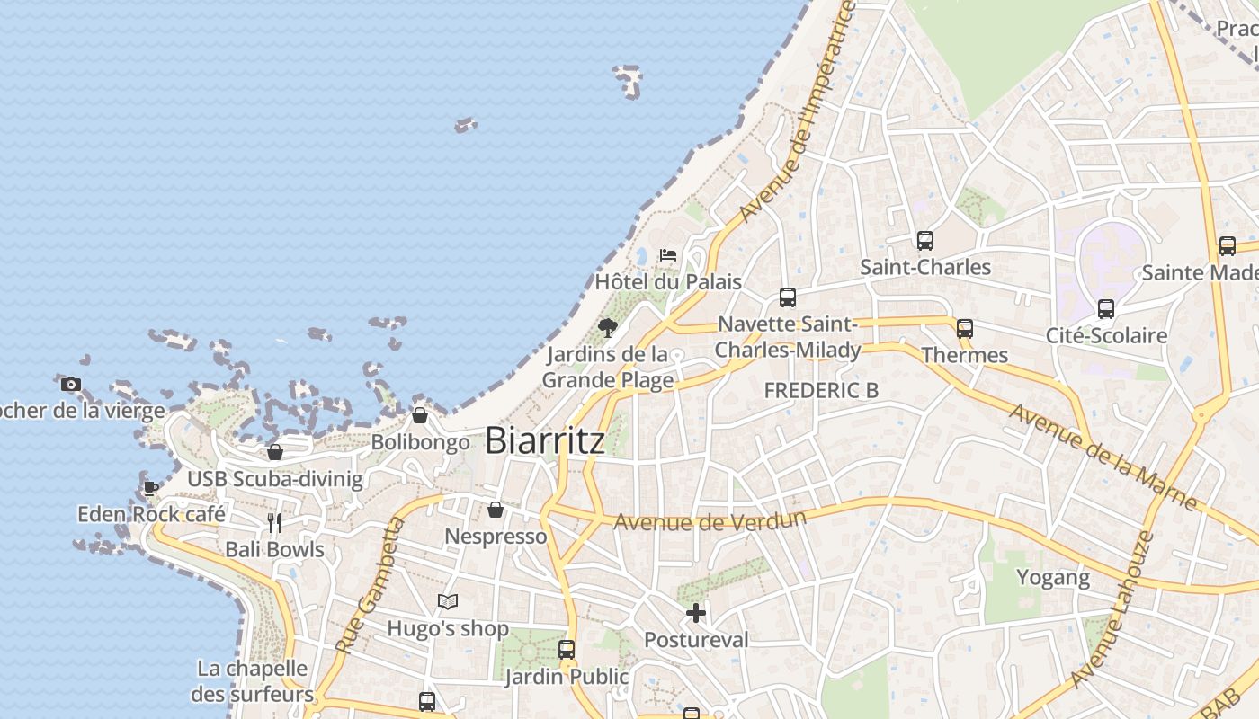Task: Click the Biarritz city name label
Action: (x=544, y=440)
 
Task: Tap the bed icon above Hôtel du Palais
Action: (x=667, y=255)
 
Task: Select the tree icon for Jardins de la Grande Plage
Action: (x=608, y=327)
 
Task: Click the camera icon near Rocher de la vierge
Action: (x=71, y=385)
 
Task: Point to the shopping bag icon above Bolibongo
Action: (x=420, y=415)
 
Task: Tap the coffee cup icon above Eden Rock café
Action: (x=151, y=488)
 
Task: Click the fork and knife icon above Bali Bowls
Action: (x=274, y=522)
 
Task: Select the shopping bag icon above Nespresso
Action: (x=496, y=510)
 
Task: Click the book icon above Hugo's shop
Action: (x=448, y=601)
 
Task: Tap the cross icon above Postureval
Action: (x=696, y=613)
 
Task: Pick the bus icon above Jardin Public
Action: (x=567, y=649)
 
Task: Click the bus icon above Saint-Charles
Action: (x=925, y=241)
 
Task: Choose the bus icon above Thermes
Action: (x=965, y=329)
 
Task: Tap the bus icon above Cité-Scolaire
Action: (x=1106, y=309)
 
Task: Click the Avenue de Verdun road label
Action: (x=710, y=520)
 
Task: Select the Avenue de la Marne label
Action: (x=1102, y=457)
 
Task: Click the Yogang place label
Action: (x=1053, y=577)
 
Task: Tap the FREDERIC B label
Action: (x=821, y=390)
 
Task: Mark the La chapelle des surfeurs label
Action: (x=253, y=681)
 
